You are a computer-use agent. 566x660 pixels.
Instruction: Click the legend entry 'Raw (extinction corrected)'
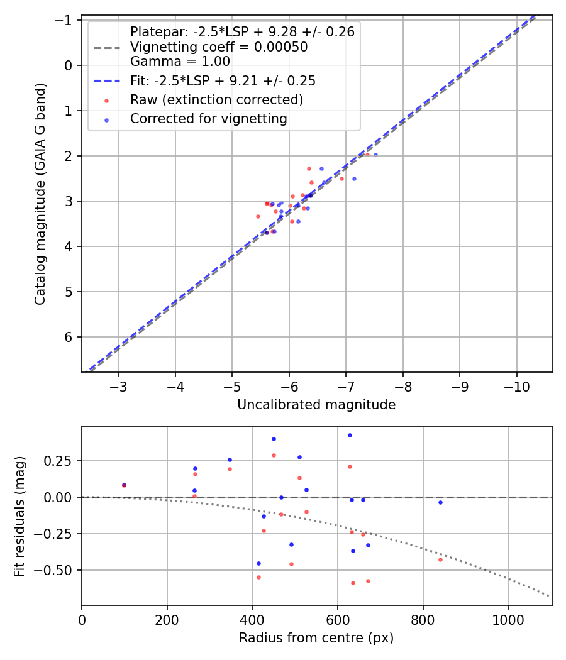[x=216, y=100]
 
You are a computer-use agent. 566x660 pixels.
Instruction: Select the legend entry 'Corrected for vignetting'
[x=208, y=118]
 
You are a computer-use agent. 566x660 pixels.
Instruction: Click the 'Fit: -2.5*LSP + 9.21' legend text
[x=223, y=80]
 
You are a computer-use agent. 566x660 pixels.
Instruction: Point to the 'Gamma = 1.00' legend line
[x=180, y=62]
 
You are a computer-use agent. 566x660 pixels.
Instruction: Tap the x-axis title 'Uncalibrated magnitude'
[x=316, y=405]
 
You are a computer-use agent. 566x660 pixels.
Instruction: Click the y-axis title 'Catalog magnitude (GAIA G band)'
[x=40, y=196]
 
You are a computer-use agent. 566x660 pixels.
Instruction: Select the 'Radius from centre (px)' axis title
[x=316, y=638]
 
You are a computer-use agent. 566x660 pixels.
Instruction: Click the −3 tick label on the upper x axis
[x=118, y=385]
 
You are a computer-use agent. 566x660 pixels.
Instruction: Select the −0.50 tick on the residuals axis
[x=62, y=570]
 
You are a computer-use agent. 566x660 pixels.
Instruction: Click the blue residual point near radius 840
[x=440, y=502]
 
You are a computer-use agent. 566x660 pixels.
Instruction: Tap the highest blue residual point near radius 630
[x=350, y=435]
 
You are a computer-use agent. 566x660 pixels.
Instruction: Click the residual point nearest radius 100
[x=124, y=485]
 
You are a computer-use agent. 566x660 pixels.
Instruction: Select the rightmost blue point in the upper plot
[x=375, y=155]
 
